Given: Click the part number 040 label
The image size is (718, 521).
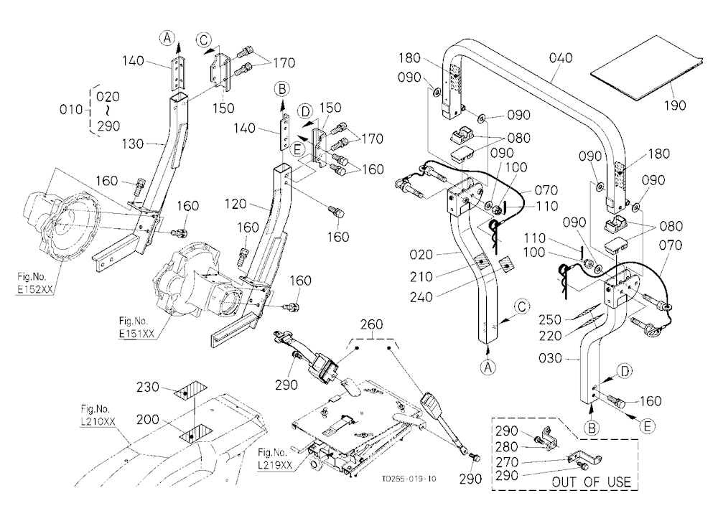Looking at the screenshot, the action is pos(561,57).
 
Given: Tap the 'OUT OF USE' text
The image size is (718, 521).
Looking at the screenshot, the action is pos(592,482).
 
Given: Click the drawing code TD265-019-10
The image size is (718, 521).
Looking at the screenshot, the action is pos(409,479).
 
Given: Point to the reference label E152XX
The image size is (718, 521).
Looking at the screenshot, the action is pos(32,291).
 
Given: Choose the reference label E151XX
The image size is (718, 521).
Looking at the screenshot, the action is pos(136,334).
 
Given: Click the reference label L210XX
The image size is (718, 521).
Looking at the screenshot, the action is pos(98,421).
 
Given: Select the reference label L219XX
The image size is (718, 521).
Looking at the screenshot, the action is pos(275,465).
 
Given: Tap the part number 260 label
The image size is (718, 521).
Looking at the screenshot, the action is pos(371,324).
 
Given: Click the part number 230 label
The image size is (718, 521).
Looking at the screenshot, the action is pos(148,388).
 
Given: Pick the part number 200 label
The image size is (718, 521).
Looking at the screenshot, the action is pos(148,419).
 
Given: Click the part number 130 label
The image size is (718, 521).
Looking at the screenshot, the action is pos(134,144).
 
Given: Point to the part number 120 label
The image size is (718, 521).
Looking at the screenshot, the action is pos(236,204).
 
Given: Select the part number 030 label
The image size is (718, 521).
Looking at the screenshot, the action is pos(550,358).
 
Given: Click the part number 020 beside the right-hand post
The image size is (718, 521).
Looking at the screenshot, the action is pos(421,255).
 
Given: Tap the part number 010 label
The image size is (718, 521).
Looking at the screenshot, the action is pos(71,110).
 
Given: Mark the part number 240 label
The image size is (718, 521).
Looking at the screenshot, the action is pos(421,297).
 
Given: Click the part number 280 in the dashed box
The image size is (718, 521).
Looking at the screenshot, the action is pos(507,446).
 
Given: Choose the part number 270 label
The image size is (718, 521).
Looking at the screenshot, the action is pos(507,462).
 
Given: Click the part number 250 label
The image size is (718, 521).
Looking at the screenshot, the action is pos(550,319).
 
